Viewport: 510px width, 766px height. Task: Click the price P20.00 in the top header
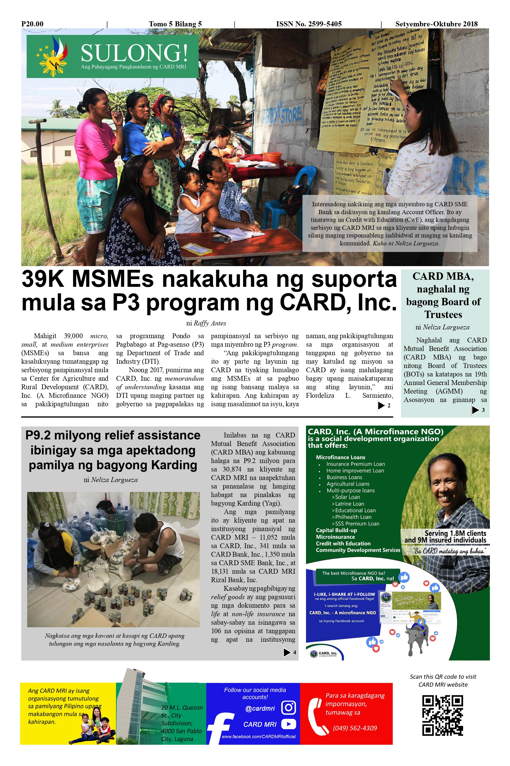[32, 24]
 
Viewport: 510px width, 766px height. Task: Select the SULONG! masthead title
[134, 53]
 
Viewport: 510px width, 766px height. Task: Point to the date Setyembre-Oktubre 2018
[436, 24]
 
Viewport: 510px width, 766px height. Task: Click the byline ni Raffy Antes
[206, 323]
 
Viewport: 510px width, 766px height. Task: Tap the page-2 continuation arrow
[381, 405]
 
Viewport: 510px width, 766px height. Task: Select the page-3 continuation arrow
[475, 410]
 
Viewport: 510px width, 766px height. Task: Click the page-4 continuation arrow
[287, 652]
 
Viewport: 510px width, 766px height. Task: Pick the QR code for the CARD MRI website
[442, 716]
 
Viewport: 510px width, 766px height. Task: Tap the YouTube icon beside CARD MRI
[288, 724]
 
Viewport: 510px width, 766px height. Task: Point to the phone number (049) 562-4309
[354, 728]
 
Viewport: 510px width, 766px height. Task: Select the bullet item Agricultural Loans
[348, 484]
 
